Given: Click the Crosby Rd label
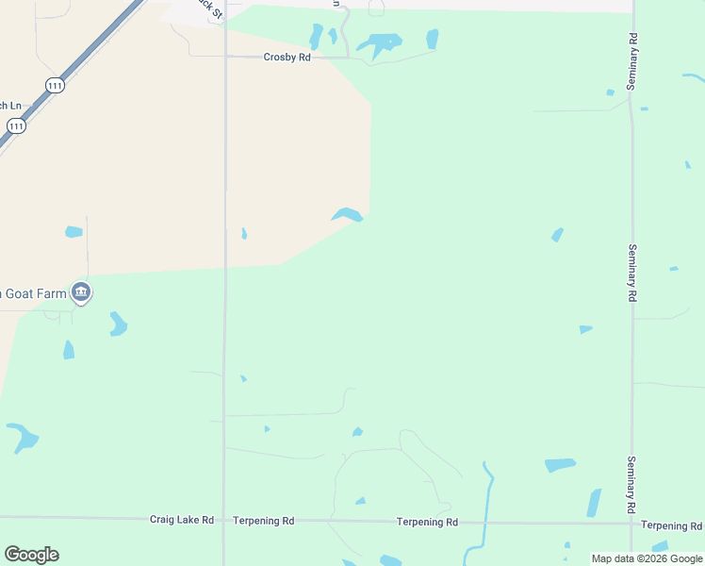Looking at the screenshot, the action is coord(287,58).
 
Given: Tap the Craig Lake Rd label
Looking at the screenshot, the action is coord(182,520).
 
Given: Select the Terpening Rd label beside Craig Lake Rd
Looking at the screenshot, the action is coord(264,520).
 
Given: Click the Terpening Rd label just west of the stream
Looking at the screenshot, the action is coord(427,522).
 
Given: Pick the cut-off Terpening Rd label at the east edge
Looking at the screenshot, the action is coord(671,525).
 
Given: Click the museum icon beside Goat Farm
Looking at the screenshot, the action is coord(81,293).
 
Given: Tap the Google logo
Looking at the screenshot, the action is coord(31,555).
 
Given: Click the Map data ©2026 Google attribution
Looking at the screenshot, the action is coord(647,558).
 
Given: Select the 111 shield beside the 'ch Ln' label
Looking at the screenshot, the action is coord(16,125).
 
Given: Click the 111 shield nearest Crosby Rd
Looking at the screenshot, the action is coord(56,85).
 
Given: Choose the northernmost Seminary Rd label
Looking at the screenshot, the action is coord(632,61).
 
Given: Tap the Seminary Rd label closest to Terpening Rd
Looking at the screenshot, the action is coord(631,485).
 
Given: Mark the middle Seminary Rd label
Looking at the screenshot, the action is coord(631,273).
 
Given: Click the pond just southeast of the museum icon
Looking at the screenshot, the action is coord(118,324).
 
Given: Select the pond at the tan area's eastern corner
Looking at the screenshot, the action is coord(347,215).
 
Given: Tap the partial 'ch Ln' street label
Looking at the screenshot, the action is coord(9,105).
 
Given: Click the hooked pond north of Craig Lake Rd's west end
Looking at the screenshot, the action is coord(23,437).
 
